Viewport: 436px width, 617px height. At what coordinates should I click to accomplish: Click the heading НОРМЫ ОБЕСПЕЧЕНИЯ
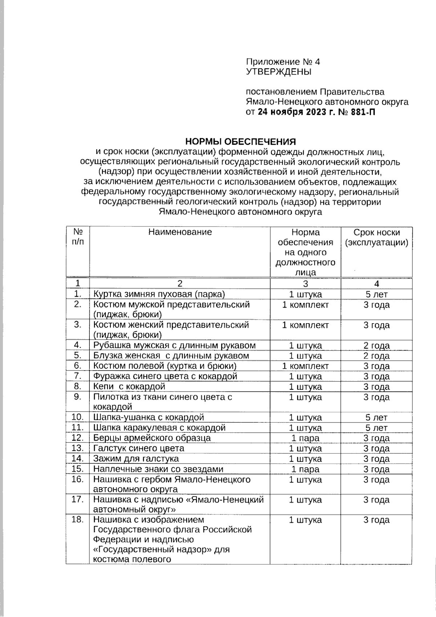click(240, 141)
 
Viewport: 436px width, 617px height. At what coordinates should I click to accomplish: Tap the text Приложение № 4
click(283, 62)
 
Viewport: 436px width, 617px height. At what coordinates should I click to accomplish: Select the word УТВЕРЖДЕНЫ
click(279, 72)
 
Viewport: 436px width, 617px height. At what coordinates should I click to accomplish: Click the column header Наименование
click(180, 232)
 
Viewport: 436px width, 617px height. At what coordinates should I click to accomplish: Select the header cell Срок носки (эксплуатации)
click(376, 237)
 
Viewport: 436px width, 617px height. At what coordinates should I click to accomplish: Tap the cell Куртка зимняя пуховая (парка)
click(159, 294)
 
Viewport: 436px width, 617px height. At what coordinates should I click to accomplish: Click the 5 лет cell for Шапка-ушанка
click(376, 417)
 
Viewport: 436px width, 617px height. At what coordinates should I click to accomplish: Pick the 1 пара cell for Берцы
click(305, 438)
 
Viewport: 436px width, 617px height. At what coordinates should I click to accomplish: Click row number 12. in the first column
click(78, 438)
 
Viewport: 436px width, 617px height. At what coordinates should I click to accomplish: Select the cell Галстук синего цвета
click(139, 448)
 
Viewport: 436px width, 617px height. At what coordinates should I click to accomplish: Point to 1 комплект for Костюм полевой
click(305, 366)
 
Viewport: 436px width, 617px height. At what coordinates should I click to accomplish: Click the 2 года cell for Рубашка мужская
click(376, 346)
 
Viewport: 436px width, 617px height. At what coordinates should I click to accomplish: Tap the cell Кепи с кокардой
click(129, 386)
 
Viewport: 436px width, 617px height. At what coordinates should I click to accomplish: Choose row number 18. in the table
click(78, 520)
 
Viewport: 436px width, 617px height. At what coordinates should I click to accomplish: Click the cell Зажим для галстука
click(136, 458)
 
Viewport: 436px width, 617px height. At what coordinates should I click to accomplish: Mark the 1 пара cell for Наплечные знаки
click(305, 469)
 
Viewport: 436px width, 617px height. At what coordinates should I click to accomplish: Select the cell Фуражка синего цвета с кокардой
click(165, 376)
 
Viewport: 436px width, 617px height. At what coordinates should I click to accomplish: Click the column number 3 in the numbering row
click(305, 284)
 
